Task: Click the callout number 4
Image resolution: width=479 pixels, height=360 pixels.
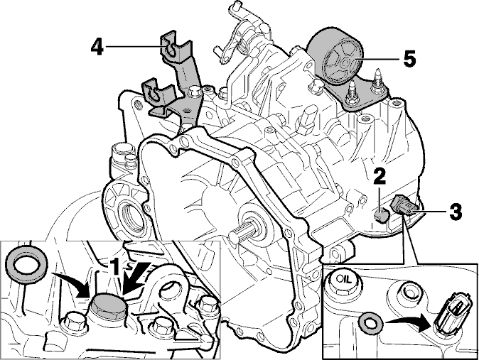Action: coord(97,48)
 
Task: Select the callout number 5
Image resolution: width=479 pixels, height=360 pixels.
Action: coord(409,59)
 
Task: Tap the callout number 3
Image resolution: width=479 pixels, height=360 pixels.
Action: coord(455,212)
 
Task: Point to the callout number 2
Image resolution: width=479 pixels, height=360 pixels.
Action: coord(380,177)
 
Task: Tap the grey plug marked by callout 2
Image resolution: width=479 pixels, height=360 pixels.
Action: coord(381,216)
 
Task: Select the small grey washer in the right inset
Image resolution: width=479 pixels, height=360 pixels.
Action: coord(370,322)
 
